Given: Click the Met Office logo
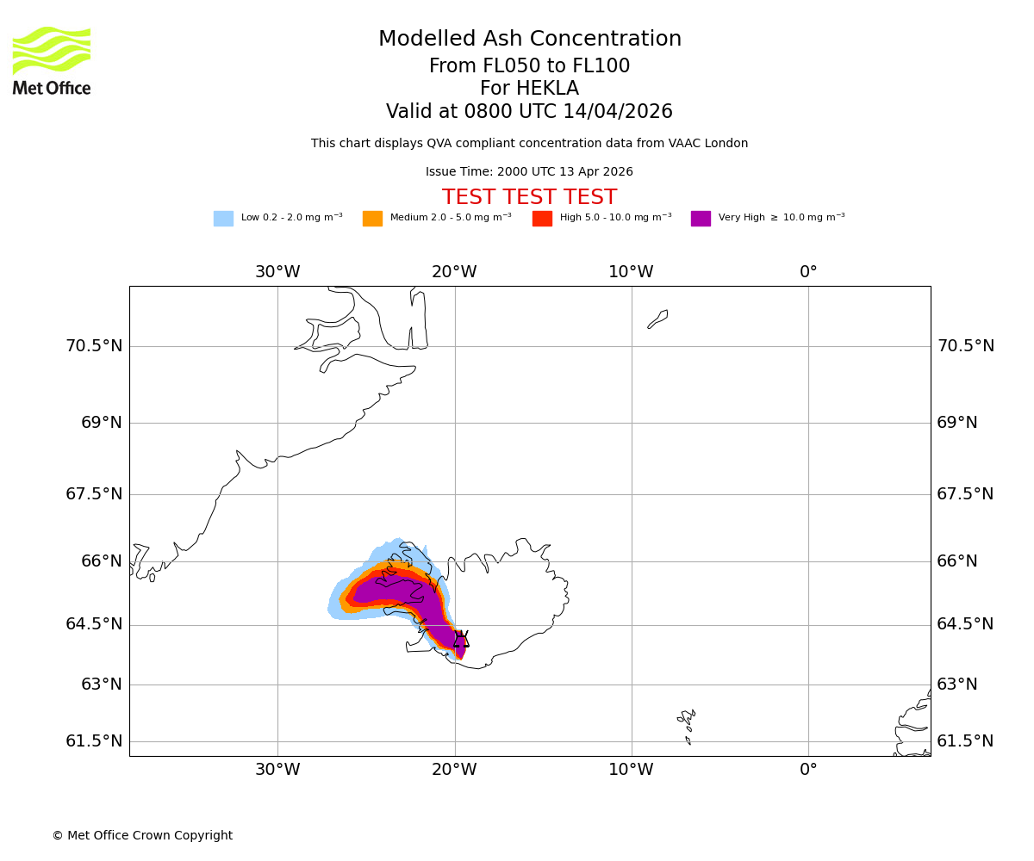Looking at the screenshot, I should coord(52,60).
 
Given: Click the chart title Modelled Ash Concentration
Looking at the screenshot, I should coord(529,40).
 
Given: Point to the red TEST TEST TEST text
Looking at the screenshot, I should coord(529,197).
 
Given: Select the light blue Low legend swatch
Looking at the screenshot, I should coord(223,219).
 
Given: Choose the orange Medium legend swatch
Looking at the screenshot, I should coord(372,219).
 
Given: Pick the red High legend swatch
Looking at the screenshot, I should coord(542,219).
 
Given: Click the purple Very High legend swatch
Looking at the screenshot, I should coord(701,219).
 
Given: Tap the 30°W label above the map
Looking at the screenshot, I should coord(277,272).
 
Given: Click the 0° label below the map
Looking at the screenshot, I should coord(808,770).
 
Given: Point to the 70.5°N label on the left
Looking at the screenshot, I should coord(94,346).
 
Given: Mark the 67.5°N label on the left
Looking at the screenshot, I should coord(94,494).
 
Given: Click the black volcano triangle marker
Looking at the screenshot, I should coord(461,640).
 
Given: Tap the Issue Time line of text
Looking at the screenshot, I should coord(529,172).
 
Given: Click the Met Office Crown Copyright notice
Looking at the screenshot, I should coord(142,836).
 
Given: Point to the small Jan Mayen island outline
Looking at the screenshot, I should coord(657,319).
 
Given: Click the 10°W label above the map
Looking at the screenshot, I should coord(631,272).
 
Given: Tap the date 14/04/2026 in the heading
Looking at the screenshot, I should coord(618,112).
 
